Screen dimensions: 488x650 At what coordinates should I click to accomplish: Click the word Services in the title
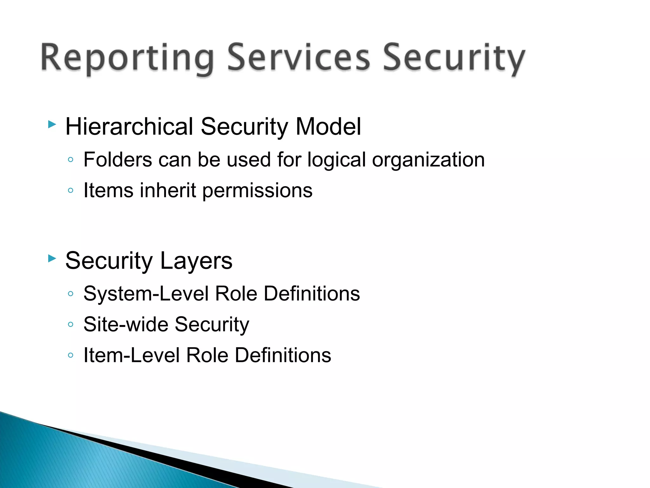click(298, 57)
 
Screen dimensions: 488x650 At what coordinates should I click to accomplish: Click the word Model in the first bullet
click(328, 126)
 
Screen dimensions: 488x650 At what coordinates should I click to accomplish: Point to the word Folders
click(117, 159)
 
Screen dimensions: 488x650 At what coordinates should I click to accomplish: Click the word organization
click(428, 160)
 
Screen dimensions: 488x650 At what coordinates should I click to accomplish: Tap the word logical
click(336, 160)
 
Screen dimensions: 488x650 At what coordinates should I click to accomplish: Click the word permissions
click(257, 191)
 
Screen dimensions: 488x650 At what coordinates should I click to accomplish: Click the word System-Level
click(146, 294)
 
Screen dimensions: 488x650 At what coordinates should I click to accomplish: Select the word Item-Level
click(131, 355)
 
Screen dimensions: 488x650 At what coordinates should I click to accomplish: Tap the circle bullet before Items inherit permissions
click(71, 191)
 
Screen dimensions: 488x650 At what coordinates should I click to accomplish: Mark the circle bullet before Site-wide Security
click(71, 324)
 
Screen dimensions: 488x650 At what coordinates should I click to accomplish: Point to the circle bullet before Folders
click(71, 159)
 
